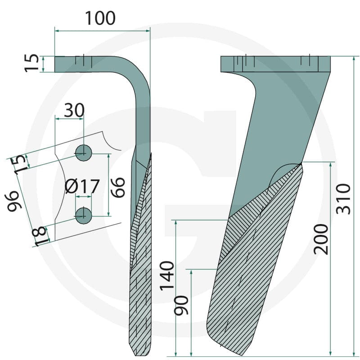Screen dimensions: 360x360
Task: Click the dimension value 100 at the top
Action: pyautogui.click(x=100, y=18)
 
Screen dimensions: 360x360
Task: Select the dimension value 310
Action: pyautogui.click(x=343, y=199)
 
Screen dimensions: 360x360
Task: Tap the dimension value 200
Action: pyautogui.click(x=321, y=239)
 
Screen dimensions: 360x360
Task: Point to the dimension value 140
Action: pyautogui.click(x=167, y=276)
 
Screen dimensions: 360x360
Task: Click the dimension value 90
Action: pyautogui.click(x=181, y=305)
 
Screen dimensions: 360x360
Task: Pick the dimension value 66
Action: pyautogui.click(x=118, y=187)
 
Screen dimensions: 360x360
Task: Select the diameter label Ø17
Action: pyautogui.click(x=82, y=186)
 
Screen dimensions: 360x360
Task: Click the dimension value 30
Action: pyautogui.click(x=74, y=110)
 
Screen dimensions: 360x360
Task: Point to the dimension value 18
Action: pyautogui.click(x=41, y=236)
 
